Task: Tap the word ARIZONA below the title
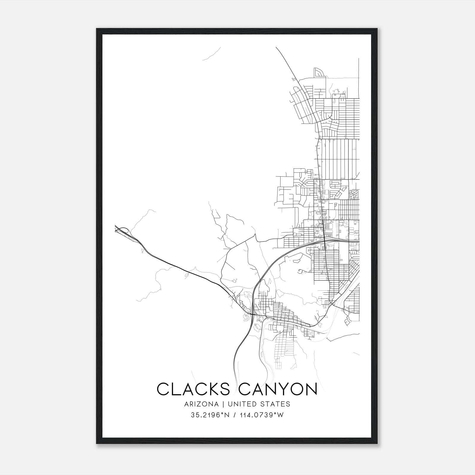pos(201,404)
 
